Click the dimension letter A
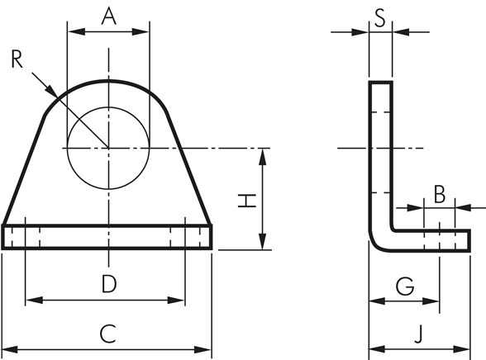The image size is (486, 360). [x=109, y=17]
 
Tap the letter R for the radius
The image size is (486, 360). [x=17, y=59]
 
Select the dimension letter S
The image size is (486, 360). [x=380, y=18]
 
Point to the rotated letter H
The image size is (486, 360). [x=247, y=201]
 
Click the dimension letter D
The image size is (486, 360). [x=109, y=284]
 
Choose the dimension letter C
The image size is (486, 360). [x=107, y=334]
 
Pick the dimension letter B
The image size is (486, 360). [x=440, y=194]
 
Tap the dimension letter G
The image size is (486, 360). [x=405, y=286]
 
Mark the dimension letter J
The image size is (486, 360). [x=419, y=334]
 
